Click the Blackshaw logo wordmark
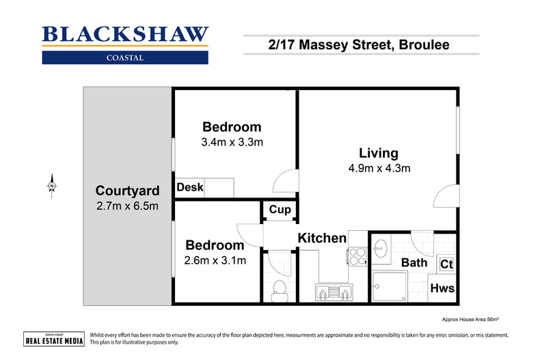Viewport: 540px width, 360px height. click(125, 35)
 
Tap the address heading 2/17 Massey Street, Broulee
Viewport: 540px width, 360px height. click(361, 46)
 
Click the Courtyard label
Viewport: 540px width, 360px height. click(127, 191)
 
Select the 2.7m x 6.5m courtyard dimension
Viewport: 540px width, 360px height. click(127, 205)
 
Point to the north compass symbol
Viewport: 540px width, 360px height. click(51, 186)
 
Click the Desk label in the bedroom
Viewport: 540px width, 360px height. click(189, 187)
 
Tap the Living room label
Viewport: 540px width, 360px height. click(379, 153)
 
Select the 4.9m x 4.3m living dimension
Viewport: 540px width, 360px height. click(379, 168)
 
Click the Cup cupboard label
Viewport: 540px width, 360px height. click(280, 210)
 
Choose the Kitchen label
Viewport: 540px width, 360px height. click(321, 238)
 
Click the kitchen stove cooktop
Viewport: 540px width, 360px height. click(357, 255)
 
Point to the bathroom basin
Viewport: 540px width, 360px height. click(381, 248)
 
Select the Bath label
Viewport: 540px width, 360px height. click(414, 262)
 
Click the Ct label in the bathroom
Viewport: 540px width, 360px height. click(446, 264)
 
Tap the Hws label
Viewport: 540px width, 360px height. click(442, 288)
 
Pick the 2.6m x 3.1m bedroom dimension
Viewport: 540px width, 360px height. click(215, 260)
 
